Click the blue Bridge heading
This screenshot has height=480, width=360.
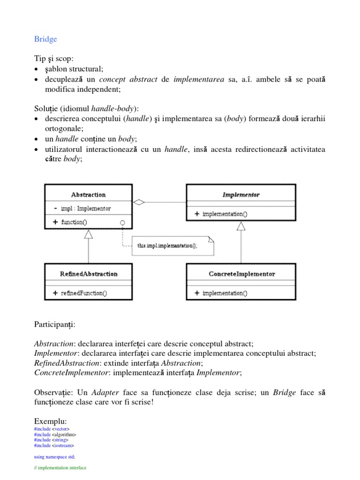[x=45, y=39]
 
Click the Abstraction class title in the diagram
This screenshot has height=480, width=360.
[x=88, y=195]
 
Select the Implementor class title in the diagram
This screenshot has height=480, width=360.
[x=241, y=195]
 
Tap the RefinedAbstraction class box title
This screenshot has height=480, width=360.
[x=89, y=274]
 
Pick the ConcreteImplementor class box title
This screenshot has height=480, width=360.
[x=241, y=274]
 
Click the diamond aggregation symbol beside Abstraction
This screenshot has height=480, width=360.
[x=139, y=202]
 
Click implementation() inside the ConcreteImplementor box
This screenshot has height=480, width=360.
[x=225, y=293]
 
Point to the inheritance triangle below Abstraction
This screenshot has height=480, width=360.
[x=88, y=234]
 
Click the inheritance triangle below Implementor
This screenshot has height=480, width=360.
[x=241, y=226]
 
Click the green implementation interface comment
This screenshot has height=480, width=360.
[x=60, y=468]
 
